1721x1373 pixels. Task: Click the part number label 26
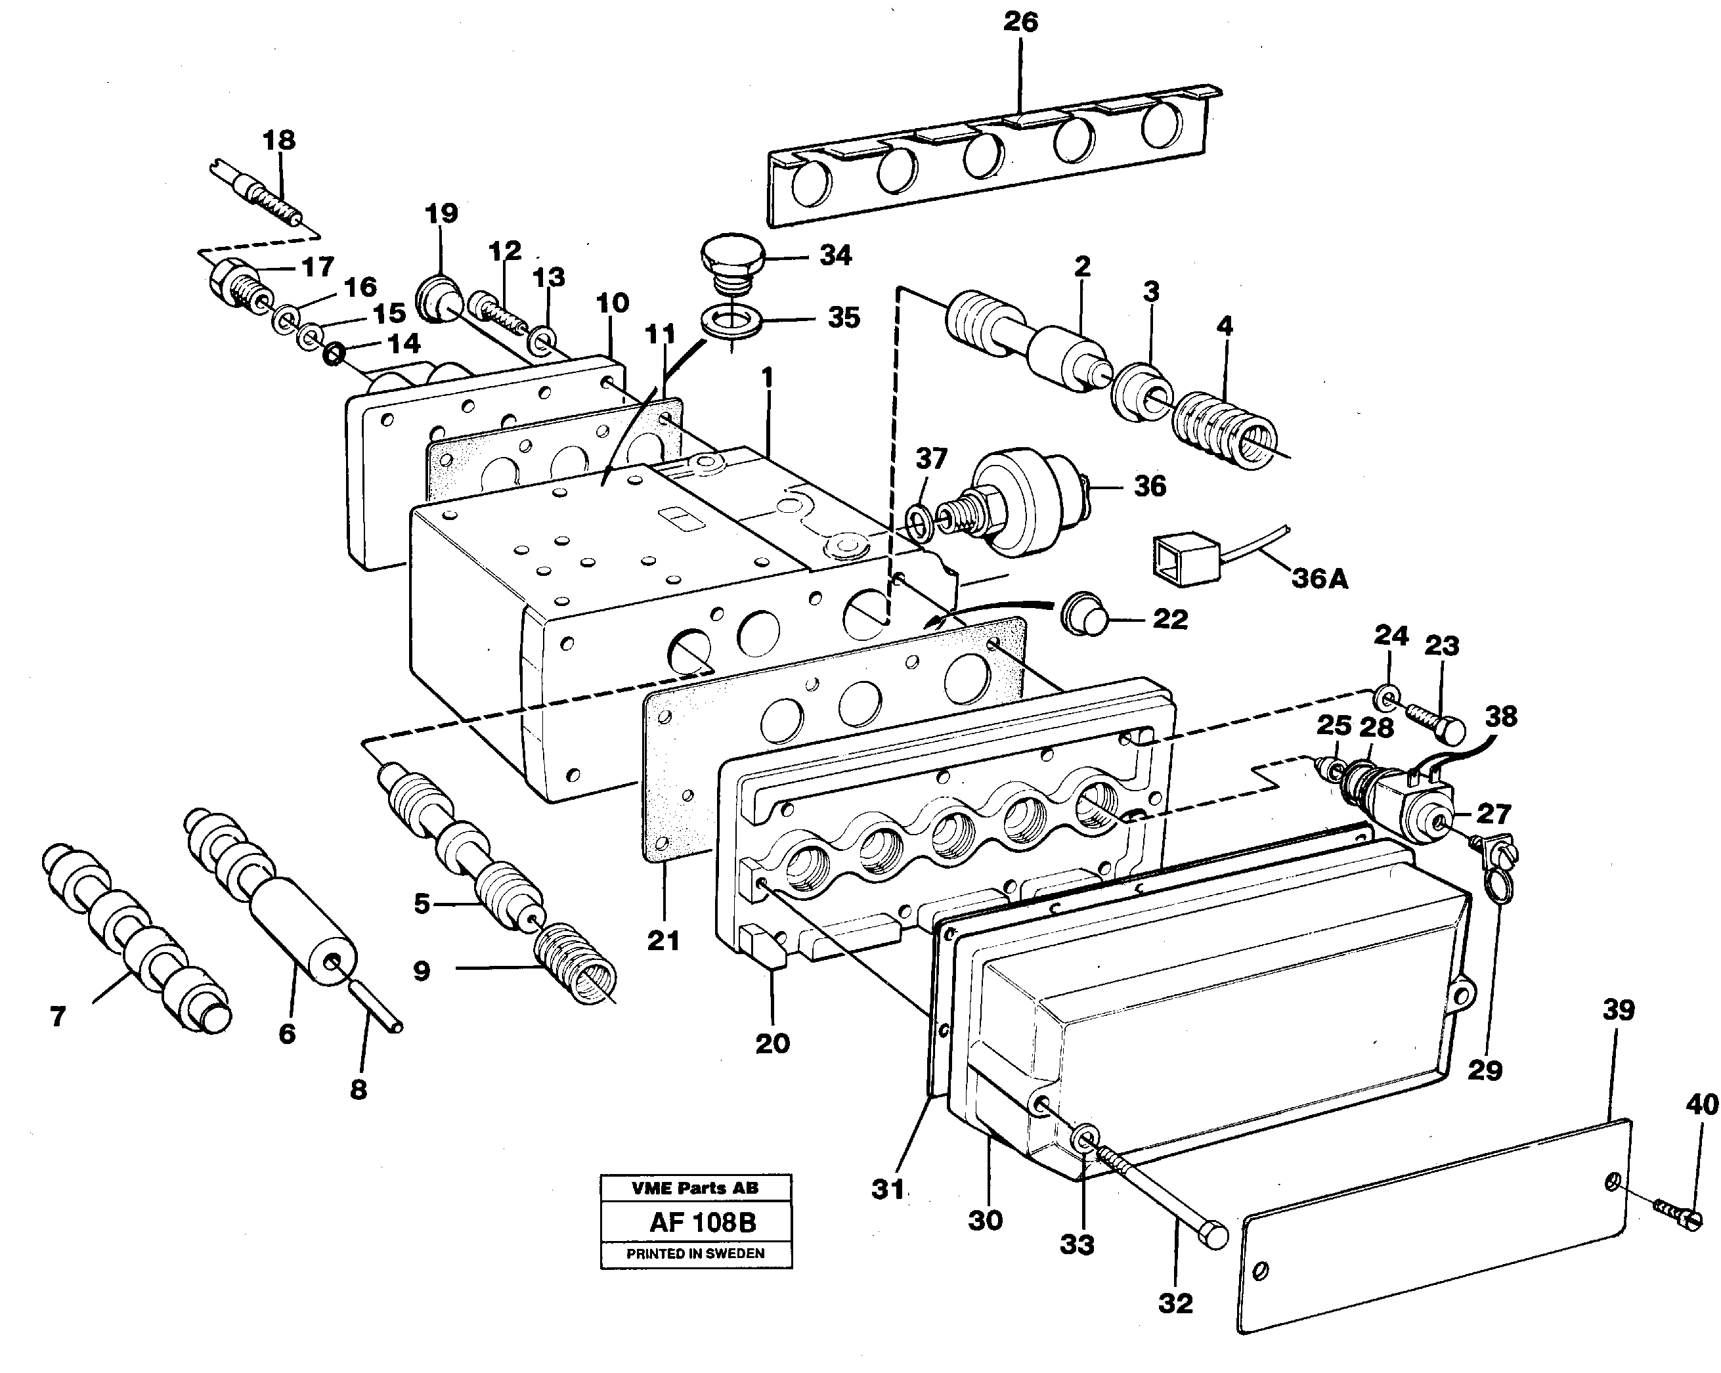(1020, 22)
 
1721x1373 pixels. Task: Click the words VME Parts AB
(695, 1188)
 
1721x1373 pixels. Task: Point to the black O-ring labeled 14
(334, 354)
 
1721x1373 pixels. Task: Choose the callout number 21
(663, 940)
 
